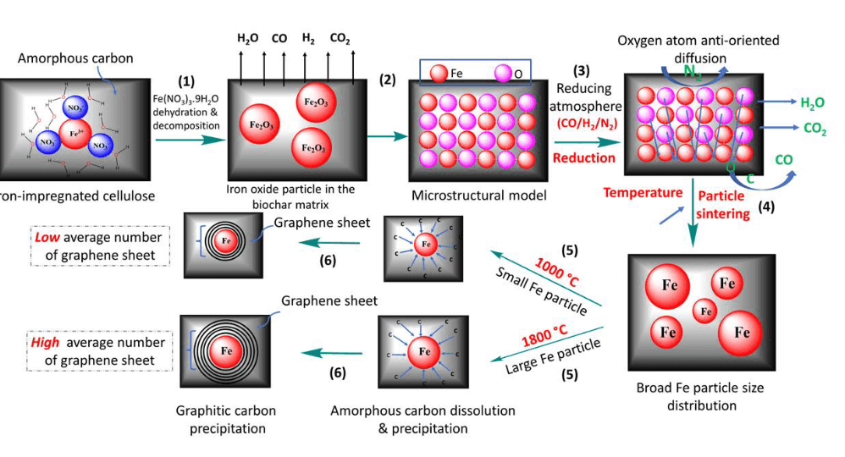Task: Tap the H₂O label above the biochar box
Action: [x=248, y=38]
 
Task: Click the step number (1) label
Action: [x=186, y=81]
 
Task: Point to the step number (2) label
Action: [x=388, y=81]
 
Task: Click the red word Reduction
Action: [x=583, y=157]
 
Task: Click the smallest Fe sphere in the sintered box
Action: [x=704, y=312]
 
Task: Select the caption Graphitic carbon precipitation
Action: [x=225, y=419]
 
